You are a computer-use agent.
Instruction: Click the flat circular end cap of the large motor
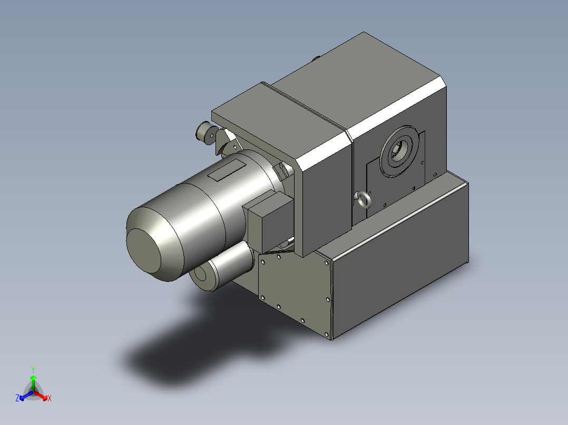143,250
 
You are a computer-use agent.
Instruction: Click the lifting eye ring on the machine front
363,199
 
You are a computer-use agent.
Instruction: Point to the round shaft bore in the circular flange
399,150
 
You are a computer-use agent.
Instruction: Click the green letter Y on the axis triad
33,370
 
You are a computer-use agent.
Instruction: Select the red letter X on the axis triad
50,398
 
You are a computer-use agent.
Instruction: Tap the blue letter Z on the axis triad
17,398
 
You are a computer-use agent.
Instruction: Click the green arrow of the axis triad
33,383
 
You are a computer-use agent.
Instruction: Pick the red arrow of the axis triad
40,395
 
